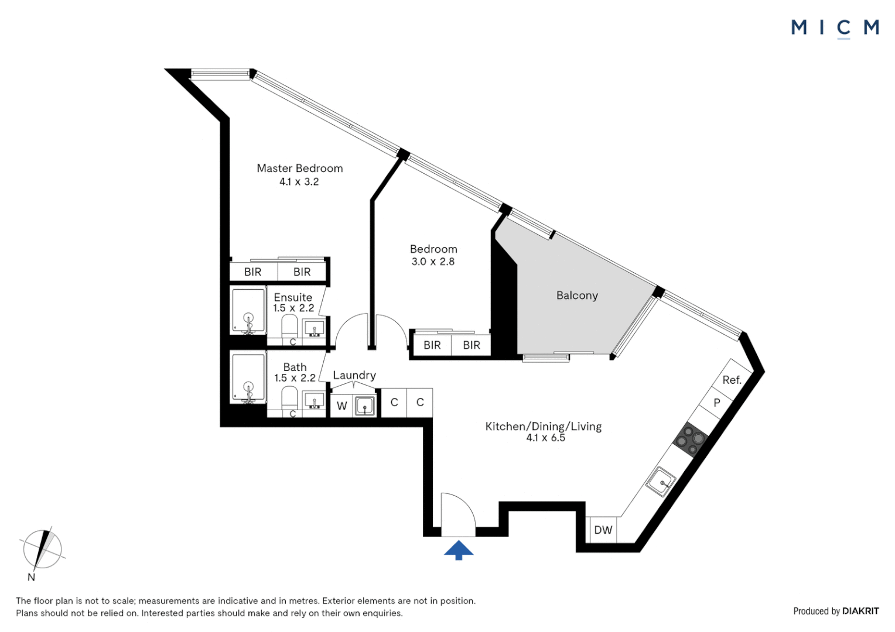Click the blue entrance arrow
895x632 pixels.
(x=458, y=550)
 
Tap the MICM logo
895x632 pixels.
(x=835, y=28)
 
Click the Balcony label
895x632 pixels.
(x=577, y=296)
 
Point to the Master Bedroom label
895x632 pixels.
(x=299, y=169)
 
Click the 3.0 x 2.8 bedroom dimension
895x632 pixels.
(x=433, y=262)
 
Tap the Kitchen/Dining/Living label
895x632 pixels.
(x=543, y=427)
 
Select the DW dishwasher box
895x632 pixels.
(x=603, y=530)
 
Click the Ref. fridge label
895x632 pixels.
(x=732, y=380)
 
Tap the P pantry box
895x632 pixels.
(x=716, y=403)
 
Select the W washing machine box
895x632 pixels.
(x=342, y=406)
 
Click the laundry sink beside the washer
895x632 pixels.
(x=365, y=405)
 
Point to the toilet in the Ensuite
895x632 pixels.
(x=290, y=325)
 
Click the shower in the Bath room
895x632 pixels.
(x=248, y=377)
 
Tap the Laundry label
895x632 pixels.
(x=354, y=375)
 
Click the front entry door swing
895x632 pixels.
(x=457, y=515)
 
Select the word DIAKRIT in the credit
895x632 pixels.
(x=860, y=611)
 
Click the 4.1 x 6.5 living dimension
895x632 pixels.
(x=545, y=438)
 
